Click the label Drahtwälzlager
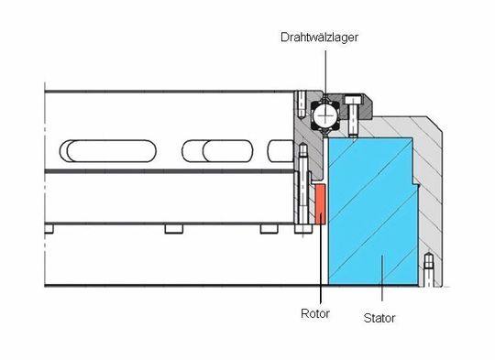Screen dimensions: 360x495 pos(320,38)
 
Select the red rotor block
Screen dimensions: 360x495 pos(319,203)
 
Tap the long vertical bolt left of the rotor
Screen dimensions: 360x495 pos(301,188)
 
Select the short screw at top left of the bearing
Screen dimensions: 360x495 pos(300,103)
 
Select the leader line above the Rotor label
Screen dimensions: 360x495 pos(321,266)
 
